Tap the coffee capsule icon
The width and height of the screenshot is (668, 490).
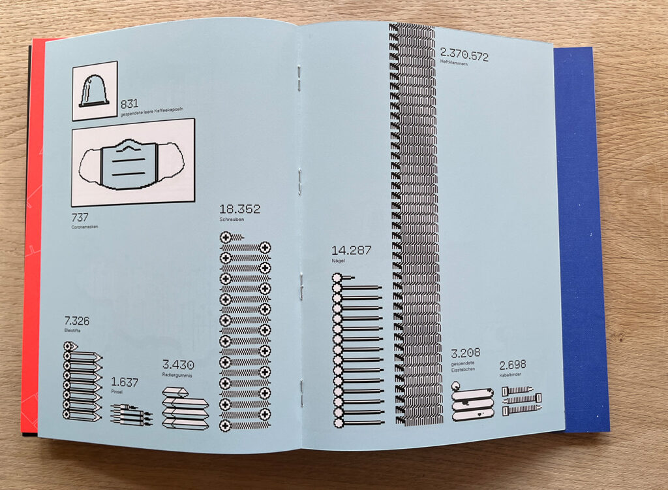click(x=94, y=90)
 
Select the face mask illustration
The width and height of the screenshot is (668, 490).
click(x=132, y=161)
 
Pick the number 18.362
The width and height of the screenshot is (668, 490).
click(x=240, y=210)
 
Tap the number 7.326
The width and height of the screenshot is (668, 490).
click(x=76, y=321)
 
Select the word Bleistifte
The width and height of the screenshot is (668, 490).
click(x=72, y=331)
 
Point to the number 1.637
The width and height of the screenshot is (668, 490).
click(x=125, y=382)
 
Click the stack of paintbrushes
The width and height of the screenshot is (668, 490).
click(x=131, y=415)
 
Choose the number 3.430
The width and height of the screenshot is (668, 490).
click(x=178, y=365)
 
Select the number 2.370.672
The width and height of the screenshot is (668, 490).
click(x=464, y=56)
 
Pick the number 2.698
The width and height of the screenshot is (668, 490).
click(x=513, y=365)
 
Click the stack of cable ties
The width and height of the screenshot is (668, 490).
click(x=521, y=399)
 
